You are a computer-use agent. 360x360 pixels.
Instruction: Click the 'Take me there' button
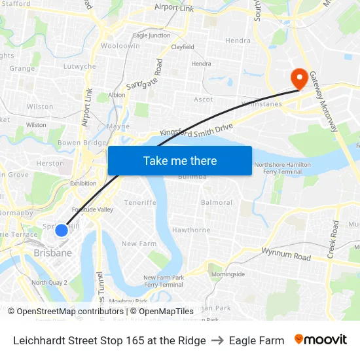pos(179,160)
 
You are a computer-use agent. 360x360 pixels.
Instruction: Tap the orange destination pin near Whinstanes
pos(299,79)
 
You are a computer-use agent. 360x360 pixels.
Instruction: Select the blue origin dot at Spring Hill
pos(62,230)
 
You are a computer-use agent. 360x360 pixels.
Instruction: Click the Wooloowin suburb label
pos(120,46)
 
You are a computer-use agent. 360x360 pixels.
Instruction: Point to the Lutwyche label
pos(79,66)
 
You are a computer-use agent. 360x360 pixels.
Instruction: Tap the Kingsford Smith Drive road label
pos(196,128)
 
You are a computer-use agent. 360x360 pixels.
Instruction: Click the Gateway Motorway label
pos(323,101)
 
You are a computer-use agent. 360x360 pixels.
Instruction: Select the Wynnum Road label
pos(286,253)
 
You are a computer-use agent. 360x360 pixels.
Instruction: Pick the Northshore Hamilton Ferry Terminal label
pos(283,168)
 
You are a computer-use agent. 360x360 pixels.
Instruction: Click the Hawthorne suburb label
pos(191,230)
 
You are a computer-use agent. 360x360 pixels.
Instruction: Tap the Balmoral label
pos(217,202)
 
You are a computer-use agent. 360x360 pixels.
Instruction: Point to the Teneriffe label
pos(140,202)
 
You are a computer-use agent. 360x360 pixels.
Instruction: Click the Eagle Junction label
pos(151,35)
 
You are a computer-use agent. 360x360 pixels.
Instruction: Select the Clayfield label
pos(183,47)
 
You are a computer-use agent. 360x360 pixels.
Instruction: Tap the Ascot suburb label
pos(204,99)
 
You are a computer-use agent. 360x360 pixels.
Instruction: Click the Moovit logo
pos(321,340)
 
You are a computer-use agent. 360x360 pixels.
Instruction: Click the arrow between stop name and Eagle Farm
pos(217,340)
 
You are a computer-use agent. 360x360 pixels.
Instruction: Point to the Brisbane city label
pos(52,253)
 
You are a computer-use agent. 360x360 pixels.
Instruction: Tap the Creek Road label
pos(333,239)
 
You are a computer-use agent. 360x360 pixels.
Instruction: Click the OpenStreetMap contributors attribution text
pos(69,312)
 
